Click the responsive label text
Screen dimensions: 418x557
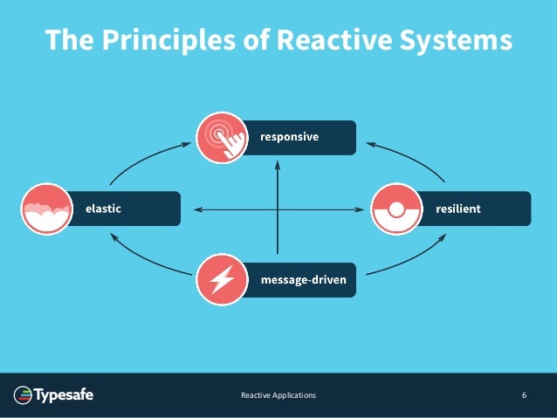tap(289, 137)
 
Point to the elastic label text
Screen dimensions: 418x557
tap(102, 209)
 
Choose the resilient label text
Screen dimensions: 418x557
tap(458, 209)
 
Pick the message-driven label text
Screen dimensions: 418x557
tap(303, 281)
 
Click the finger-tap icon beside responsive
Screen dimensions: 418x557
tap(220, 138)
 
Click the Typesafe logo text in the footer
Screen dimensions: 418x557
tap(64, 396)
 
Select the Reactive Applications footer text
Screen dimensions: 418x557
tap(278, 396)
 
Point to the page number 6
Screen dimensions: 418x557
tap(524, 396)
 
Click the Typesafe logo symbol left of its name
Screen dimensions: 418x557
tap(23, 396)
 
